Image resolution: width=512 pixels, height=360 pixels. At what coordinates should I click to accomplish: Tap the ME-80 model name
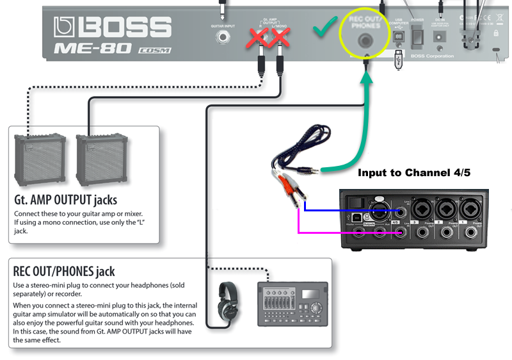[x=92, y=48]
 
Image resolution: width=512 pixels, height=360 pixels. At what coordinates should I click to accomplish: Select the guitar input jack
[x=223, y=37]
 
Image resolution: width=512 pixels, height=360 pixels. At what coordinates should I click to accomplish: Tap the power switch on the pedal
[x=417, y=38]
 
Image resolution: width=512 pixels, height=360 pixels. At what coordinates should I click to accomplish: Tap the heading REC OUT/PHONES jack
[x=64, y=272]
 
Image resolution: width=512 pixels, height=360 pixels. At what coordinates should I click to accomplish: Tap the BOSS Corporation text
[x=433, y=56]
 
